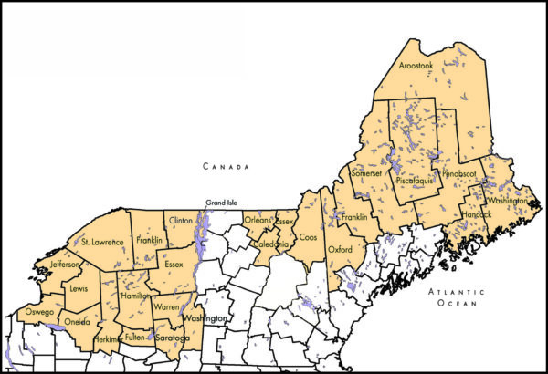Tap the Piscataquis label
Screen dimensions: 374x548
click(x=416, y=182)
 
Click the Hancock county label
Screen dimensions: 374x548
click(x=476, y=214)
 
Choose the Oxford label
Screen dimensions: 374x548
click(x=340, y=248)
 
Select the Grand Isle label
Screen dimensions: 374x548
click(x=222, y=202)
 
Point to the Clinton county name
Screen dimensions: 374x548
click(x=181, y=220)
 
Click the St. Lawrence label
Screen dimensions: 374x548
click(x=102, y=242)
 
